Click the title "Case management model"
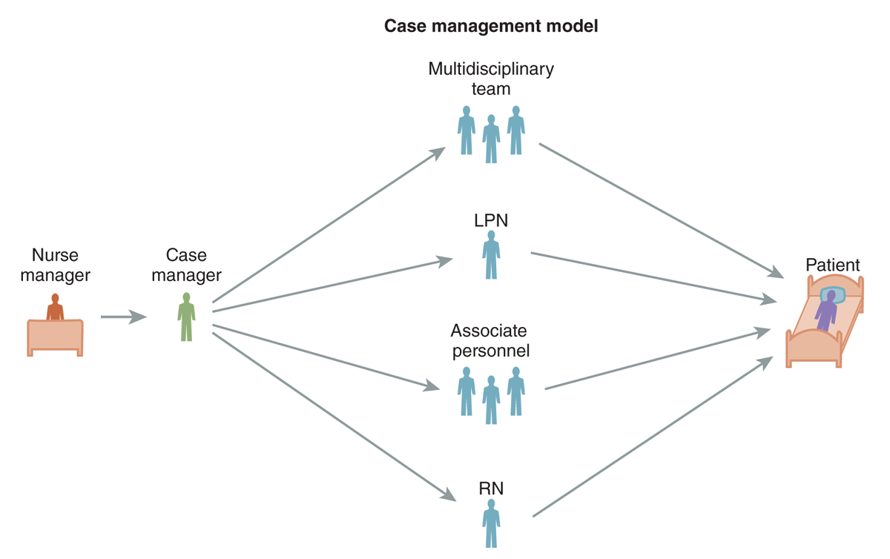pos(491,26)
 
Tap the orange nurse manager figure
pos(55,307)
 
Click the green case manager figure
pos(186,317)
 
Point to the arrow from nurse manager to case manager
pos(124,317)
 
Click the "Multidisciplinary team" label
pos(491,79)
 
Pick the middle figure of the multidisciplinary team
pos(491,139)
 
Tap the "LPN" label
pos(491,220)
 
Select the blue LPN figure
pos(491,255)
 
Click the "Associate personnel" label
pos(490,340)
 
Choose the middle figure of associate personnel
pos(491,400)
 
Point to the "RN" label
pos(491,489)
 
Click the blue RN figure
pos(491,523)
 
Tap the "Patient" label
pos(832,265)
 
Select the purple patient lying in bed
pos(826,311)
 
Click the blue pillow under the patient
pos(833,295)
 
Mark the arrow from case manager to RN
pos(334,417)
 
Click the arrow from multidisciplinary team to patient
pos(661,211)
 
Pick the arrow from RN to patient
pos(653,436)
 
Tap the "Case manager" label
pos(186,265)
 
